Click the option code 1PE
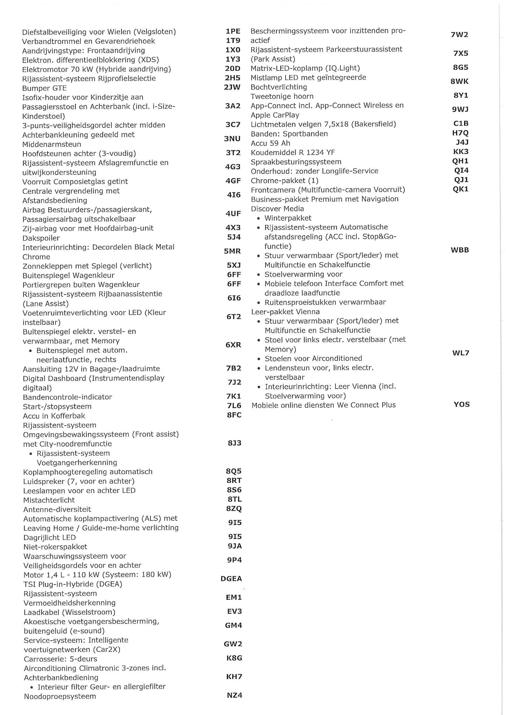(x=233, y=31)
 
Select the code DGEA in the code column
(x=231, y=579)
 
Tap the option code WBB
(x=460, y=250)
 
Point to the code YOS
(x=462, y=405)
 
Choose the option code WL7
(x=461, y=353)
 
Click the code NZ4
(x=234, y=695)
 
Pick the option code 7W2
(x=459, y=35)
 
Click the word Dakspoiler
(x=41, y=238)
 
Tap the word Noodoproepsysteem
(x=60, y=696)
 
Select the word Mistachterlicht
(x=49, y=500)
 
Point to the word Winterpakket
(x=288, y=218)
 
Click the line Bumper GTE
(x=44, y=88)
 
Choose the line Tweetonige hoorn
(x=282, y=96)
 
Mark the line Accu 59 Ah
(x=270, y=143)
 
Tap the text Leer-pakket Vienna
(x=285, y=312)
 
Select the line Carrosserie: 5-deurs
(x=60, y=659)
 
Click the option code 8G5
(x=461, y=68)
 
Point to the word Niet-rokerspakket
(x=55, y=547)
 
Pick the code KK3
(x=461, y=152)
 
